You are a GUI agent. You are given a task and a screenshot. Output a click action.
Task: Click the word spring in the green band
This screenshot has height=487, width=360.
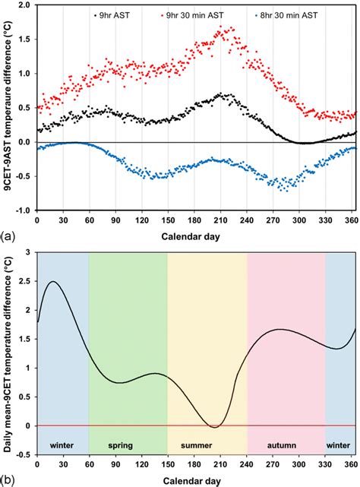click(127, 442)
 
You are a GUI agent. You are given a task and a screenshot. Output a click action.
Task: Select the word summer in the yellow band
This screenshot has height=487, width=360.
click(207, 442)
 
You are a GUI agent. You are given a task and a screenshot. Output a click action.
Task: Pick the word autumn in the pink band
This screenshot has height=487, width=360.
click(286, 442)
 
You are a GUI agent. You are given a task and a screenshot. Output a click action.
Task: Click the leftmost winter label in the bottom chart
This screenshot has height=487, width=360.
click(62, 442)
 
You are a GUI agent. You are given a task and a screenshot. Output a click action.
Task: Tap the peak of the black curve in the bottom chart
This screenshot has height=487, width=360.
click(53, 282)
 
